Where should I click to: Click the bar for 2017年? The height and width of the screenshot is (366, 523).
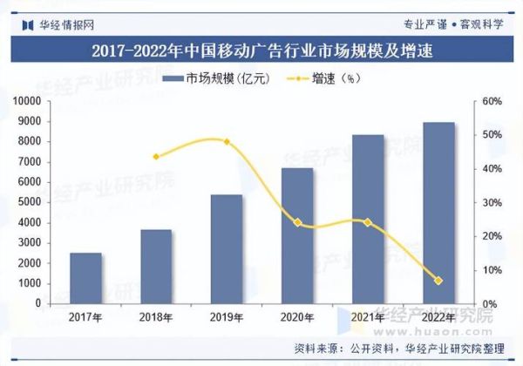tap(85, 278)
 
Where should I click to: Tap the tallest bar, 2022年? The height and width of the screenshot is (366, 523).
tap(438, 213)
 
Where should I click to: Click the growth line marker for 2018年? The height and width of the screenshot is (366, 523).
tap(156, 157)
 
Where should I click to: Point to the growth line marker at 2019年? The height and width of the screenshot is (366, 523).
tap(227, 141)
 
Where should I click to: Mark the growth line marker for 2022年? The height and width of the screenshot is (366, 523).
tap(438, 281)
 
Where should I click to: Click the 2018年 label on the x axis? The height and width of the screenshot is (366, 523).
tap(156, 317)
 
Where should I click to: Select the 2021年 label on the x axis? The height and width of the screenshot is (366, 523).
tap(368, 317)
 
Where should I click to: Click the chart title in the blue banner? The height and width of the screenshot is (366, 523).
tap(261, 51)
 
